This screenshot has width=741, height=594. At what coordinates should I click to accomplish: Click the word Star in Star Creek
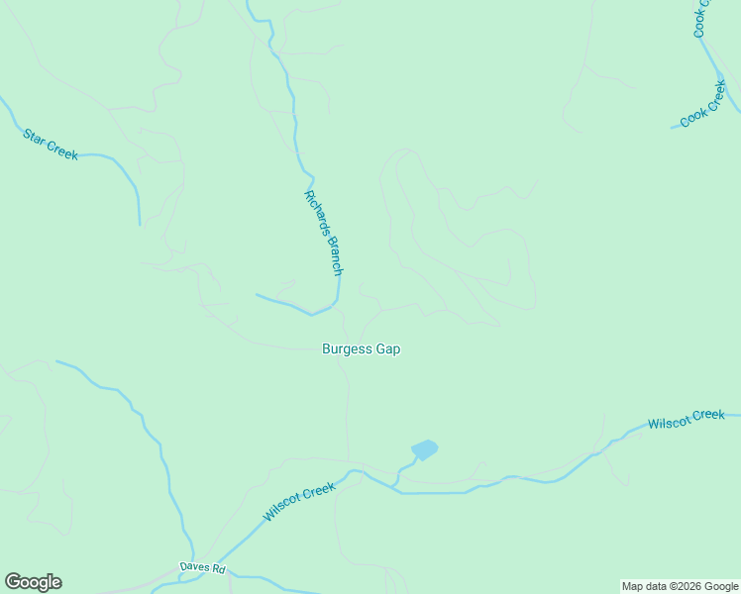pyautogui.click(x=35, y=135)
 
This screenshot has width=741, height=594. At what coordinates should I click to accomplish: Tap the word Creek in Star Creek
pyautogui.click(x=61, y=149)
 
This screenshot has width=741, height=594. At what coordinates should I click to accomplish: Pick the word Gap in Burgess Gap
pyautogui.click(x=388, y=349)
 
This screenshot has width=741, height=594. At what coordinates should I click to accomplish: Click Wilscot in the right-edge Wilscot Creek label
pyautogui.click(x=668, y=423)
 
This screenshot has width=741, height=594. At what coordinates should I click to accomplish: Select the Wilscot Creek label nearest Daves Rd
pyautogui.click(x=299, y=502)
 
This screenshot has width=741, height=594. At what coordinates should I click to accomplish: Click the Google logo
pyautogui.click(x=33, y=582)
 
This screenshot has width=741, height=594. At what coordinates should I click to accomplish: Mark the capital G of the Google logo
pyautogui.click(x=12, y=582)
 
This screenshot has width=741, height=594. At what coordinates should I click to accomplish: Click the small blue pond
pyautogui.click(x=424, y=449)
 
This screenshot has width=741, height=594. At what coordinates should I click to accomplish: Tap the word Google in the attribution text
pyautogui.click(x=721, y=587)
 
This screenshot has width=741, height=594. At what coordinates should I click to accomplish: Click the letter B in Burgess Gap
pyautogui.click(x=327, y=349)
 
